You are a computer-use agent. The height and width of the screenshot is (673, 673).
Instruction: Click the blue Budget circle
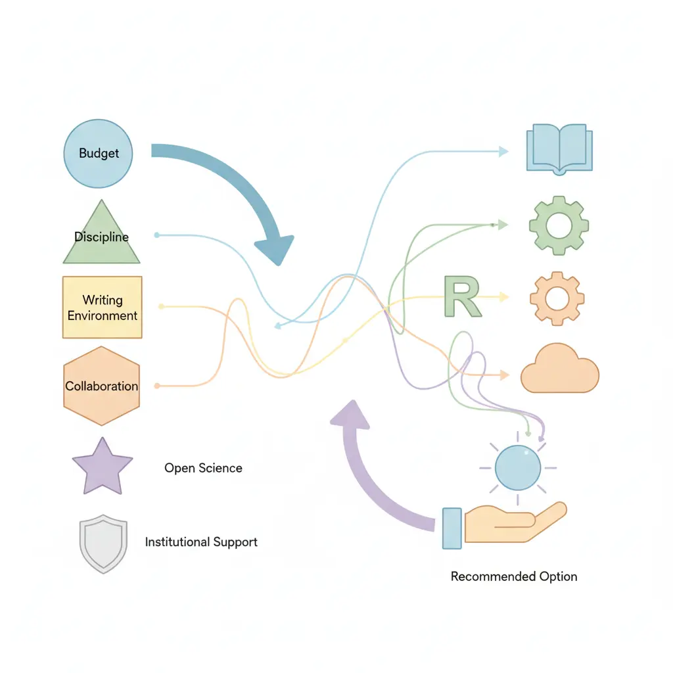pyautogui.click(x=98, y=153)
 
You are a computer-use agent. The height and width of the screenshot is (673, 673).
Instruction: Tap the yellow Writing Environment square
pyautogui.click(x=102, y=308)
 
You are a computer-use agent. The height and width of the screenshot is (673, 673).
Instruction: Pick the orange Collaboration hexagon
pyautogui.click(x=102, y=386)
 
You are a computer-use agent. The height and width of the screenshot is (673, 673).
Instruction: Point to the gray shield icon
pyautogui.click(x=103, y=545)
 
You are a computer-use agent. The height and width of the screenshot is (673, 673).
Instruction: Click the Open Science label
pyautogui.click(x=203, y=468)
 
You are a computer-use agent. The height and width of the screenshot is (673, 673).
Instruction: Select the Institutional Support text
pyautogui.click(x=201, y=542)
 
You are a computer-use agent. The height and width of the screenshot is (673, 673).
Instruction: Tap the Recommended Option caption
pyautogui.click(x=514, y=576)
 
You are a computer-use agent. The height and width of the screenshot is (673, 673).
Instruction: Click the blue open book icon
pyautogui.click(x=559, y=149)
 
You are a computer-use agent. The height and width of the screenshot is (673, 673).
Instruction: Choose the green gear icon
pyautogui.click(x=559, y=225)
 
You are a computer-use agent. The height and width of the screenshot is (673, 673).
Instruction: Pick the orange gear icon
pyautogui.click(x=557, y=298)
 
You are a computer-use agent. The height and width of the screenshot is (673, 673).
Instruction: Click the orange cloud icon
pyautogui.click(x=559, y=371)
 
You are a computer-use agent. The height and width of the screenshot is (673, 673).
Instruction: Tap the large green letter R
pyautogui.click(x=462, y=296)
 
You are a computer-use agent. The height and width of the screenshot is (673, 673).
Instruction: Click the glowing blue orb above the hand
pyautogui.click(x=517, y=467)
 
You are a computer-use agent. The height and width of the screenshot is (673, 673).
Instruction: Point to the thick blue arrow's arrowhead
pyautogui.click(x=276, y=249)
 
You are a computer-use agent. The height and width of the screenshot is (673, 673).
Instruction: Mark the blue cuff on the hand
pyautogui.click(x=452, y=528)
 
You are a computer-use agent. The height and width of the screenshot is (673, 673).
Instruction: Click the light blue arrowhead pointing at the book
pyautogui.click(x=503, y=152)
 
